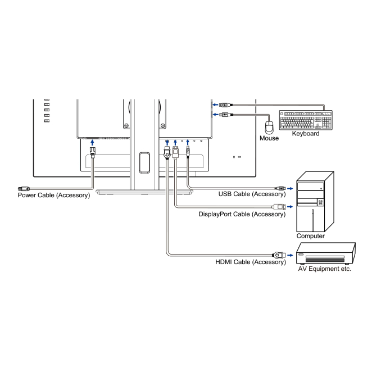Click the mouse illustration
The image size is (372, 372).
(x=269, y=125)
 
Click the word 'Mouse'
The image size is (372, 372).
(x=269, y=138)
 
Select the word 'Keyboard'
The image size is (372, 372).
(x=306, y=134)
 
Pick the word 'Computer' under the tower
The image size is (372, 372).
(x=311, y=236)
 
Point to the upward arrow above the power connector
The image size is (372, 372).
(x=93, y=143)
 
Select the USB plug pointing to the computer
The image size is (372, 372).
(x=279, y=188)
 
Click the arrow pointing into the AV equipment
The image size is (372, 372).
(x=289, y=254)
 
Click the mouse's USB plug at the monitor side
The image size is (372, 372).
(x=224, y=115)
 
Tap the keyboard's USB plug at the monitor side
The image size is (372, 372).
(x=224, y=105)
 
